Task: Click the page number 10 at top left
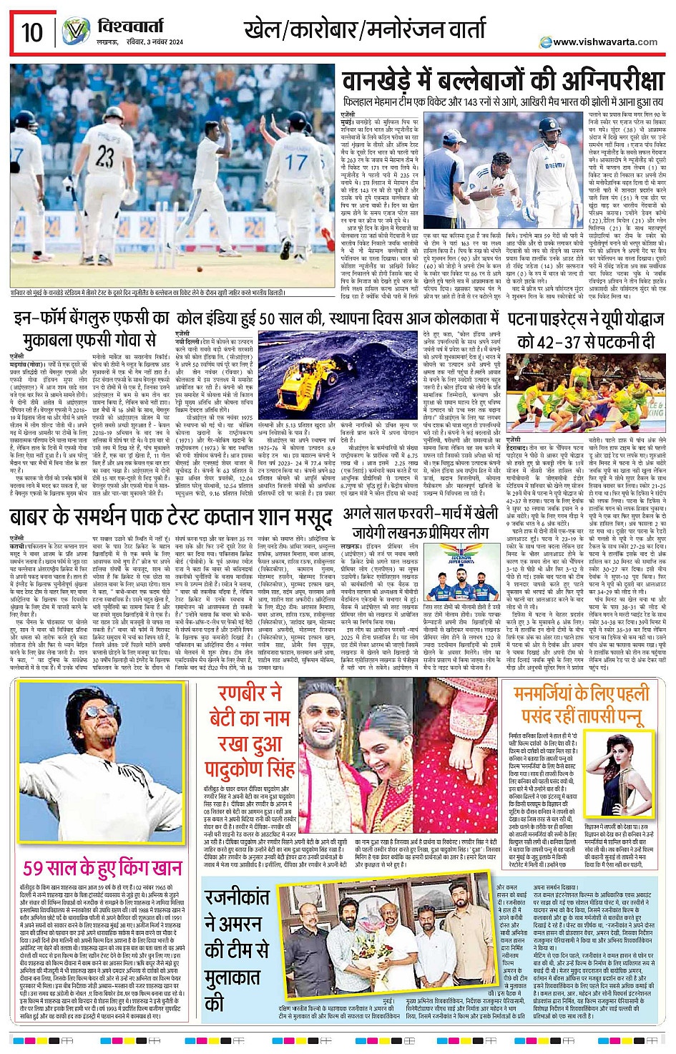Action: point(32,32)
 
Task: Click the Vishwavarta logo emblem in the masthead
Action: point(75,32)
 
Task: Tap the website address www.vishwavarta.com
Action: point(604,42)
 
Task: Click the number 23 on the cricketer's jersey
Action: point(105,156)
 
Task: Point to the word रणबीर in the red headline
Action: point(242,693)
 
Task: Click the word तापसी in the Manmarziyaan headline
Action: point(597,716)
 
